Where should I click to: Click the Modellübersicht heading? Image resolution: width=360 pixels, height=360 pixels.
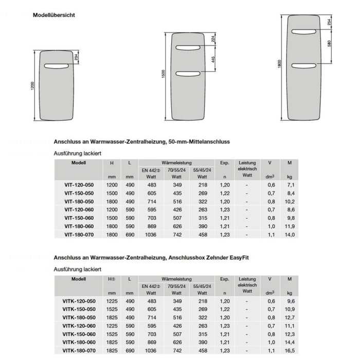click(x=54, y=15)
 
